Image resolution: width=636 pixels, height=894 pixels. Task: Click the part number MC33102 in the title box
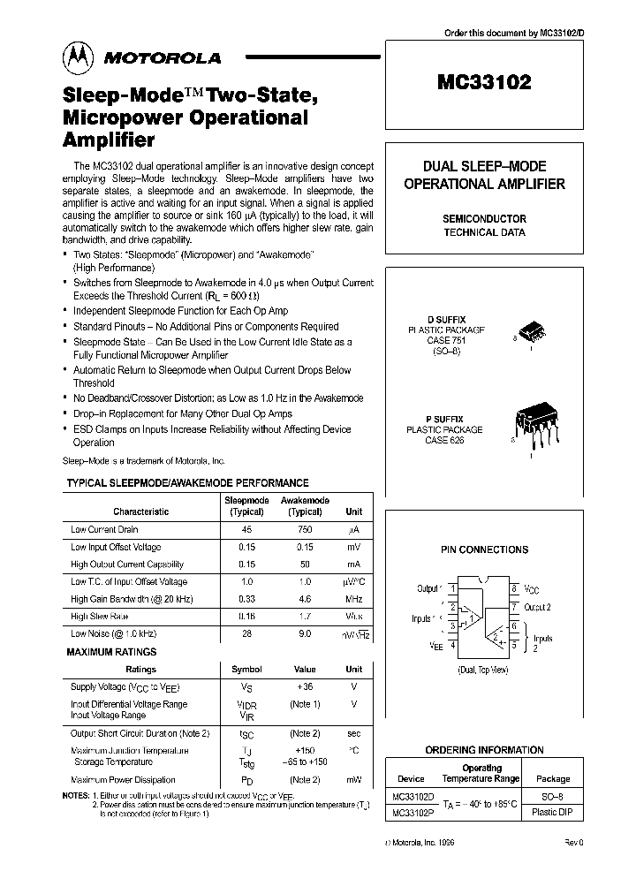tap(484, 83)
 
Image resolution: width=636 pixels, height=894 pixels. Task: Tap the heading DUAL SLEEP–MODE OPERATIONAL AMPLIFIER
tap(484, 175)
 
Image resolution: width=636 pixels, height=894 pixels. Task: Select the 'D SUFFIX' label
tap(448, 319)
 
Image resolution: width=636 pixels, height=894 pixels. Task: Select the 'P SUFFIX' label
tap(448, 419)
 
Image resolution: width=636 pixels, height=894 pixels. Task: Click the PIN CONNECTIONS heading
tap(484, 549)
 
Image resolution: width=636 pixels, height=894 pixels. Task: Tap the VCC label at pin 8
tap(532, 588)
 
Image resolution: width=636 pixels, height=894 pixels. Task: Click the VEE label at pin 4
tap(436, 646)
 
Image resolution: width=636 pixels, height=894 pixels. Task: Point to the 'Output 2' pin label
tap(538, 607)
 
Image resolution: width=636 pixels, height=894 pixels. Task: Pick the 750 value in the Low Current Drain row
tap(305, 530)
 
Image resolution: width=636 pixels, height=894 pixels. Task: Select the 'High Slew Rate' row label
tap(100, 616)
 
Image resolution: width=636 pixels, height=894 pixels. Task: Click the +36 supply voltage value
tap(304, 686)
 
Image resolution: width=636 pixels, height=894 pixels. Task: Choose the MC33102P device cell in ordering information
tap(411, 813)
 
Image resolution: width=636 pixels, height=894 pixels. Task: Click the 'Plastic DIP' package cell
tap(553, 813)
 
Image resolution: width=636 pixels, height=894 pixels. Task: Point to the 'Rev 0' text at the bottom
tap(574, 844)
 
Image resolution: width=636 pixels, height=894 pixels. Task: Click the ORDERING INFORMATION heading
tap(484, 750)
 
